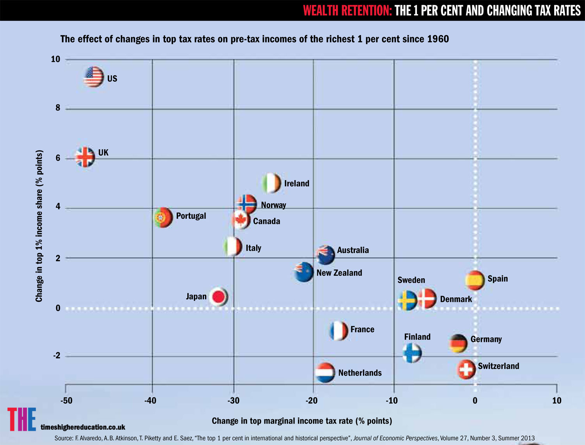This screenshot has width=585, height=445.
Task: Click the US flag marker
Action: click(x=94, y=77)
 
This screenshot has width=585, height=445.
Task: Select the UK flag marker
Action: click(x=85, y=157)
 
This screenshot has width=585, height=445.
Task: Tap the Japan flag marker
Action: click(x=218, y=297)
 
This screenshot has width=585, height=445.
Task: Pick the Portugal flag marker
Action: click(x=163, y=217)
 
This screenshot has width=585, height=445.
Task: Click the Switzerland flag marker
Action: click(x=466, y=369)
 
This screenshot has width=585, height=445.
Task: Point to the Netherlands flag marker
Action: click(x=325, y=373)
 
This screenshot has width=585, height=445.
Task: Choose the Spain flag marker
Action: click(x=475, y=280)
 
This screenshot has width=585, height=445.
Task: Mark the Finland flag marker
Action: click(x=412, y=353)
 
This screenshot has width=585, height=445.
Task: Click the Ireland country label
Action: click(x=296, y=183)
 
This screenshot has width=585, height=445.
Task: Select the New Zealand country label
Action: click(x=339, y=273)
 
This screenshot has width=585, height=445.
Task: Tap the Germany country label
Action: click(x=486, y=339)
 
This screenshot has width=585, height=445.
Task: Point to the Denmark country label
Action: click(x=456, y=299)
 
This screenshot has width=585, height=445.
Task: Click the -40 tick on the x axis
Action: click(x=151, y=401)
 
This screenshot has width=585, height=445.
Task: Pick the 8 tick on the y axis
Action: click(x=58, y=108)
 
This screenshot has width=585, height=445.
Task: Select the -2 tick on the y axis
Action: click(x=57, y=356)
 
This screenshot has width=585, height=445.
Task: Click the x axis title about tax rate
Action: click(x=302, y=421)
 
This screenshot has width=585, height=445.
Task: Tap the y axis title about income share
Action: click(x=39, y=226)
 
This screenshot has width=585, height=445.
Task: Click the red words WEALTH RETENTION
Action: click(x=347, y=11)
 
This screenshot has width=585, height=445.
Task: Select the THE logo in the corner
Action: click(x=22, y=419)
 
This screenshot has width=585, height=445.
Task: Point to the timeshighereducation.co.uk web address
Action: click(x=83, y=427)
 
